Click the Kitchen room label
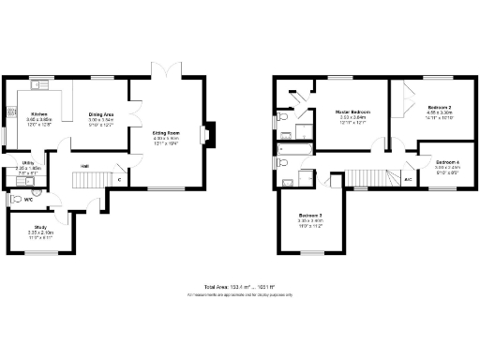(x=39, y=113)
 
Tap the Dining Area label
(x=100, y=113)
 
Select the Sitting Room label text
(x=167, y=133)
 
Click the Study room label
(x=40, y=225)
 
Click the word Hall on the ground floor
(x=84, y=166)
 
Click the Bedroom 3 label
(x=311, y=215)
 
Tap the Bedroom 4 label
(x=448, y=162)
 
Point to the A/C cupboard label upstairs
(x=408, y=178)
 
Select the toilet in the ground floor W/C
(x=16, y=199)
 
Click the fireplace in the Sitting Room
(x=209, y=134)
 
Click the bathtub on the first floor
(x=296, y=147)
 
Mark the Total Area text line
(x=239, y=286)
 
